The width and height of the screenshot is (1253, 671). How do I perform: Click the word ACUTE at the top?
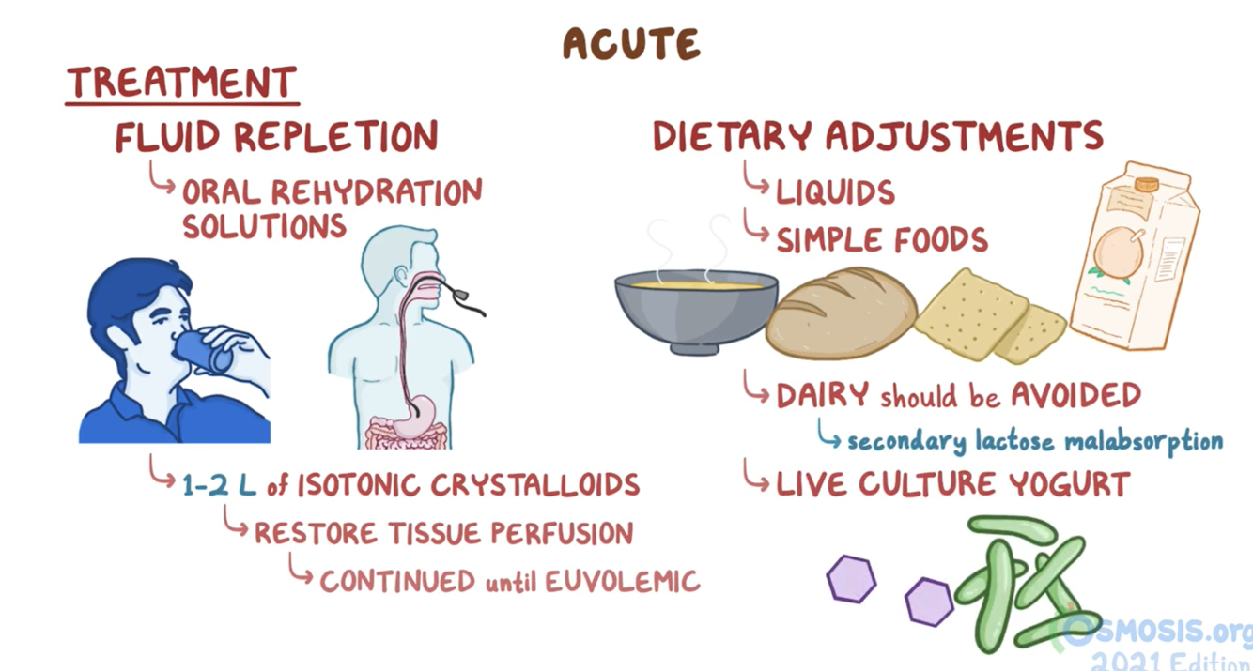point(630,44)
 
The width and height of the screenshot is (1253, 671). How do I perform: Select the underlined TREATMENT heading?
point(182,84)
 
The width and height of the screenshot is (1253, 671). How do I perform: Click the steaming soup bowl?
point(696,305)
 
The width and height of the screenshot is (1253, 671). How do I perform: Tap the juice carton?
point(1131,258)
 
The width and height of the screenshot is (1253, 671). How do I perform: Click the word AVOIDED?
point(1075,395)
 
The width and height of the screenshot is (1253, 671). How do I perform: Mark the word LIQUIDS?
point(835,192)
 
